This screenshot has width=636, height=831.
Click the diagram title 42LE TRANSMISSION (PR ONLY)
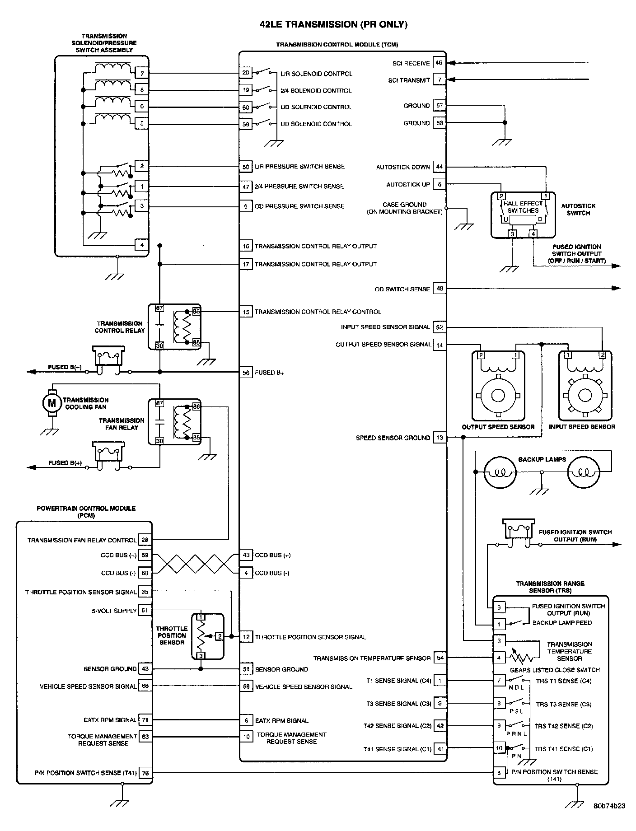coord(333,25)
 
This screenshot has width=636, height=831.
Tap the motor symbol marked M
coord(51,403)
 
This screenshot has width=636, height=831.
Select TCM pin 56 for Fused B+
coord(246,372)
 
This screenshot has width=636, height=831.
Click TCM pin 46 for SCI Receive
coord(440,63)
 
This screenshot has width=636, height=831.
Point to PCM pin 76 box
coord(145,773)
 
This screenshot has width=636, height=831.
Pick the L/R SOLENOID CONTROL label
coord(316,74)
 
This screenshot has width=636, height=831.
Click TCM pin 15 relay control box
coord(246,312)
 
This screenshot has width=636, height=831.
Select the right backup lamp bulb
coord(583,472)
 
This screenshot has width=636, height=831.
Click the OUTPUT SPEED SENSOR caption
coord(498,427)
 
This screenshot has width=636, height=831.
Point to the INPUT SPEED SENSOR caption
coord(582,427)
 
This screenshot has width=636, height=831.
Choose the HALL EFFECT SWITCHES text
coord(523,207)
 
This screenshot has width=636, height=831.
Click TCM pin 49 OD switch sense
coord(440,289)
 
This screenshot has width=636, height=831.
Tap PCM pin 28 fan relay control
coord(145,540)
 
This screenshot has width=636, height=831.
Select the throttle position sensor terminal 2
coord(220,636)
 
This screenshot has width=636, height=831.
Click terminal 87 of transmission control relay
coord(159,309)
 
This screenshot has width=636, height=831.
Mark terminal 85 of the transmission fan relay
coord(196,437)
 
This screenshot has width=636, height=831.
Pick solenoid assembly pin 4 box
coord(142,245)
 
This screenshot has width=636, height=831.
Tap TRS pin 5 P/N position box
coord(499,773)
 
